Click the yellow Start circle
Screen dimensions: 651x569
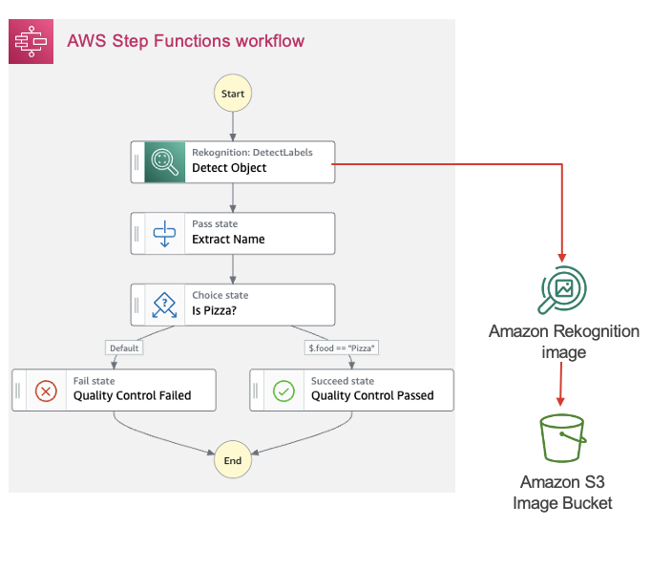(x=233, y=93)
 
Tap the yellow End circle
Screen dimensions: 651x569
(x=233, y=460)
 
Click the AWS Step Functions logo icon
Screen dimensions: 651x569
(x=31, y=41)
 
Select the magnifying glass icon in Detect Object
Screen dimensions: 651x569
(x=165, y=162)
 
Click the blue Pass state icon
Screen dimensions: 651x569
(x=164, y=234)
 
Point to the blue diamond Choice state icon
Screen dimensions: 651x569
(x=164, y=306)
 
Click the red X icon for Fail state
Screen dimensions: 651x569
(x=46, y=390)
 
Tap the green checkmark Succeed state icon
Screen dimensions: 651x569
(x=284, y=390)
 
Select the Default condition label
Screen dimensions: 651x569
(x=124, y=348)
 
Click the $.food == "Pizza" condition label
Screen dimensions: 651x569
(x=342, y=348)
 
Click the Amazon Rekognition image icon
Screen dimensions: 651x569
(x=562, y=290)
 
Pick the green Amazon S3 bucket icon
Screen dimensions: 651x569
(x=562, y=438)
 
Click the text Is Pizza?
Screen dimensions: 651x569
(x=214, y=310)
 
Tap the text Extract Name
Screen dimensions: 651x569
(x=228, y=240)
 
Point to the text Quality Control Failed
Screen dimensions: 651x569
(x=132, y=396)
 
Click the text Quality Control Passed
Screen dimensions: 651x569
(x=372, y=396)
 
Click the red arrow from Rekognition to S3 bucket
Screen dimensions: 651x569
(x=560, y=384)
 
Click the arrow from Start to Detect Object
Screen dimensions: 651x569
(x=233, y=127)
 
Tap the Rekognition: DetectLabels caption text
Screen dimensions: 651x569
(x=252, y=153)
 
